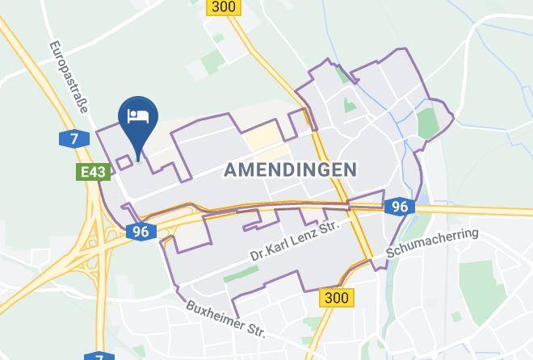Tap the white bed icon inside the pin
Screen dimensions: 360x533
click(138, 116)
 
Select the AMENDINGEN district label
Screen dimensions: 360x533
click(290, 170)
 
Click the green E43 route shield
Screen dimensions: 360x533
click(94, 172)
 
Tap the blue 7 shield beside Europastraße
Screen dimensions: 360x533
click(73, 139)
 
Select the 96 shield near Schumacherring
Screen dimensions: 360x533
click(399, 207)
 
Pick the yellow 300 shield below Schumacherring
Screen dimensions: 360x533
click(336, 298)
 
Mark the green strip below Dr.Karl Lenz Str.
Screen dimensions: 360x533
click(240, 274)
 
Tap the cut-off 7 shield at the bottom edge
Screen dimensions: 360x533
click(99, 356)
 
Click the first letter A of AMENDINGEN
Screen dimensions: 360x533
click(229, 170)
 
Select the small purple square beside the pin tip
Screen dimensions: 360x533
click(124, 162)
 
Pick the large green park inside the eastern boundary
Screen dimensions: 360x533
click(426, 123)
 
